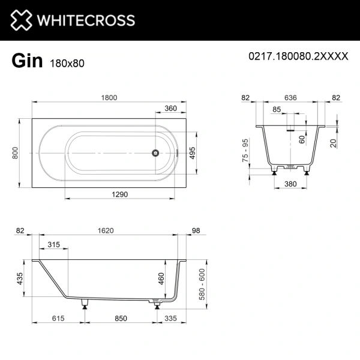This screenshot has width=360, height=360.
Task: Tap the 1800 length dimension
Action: pos(109,98)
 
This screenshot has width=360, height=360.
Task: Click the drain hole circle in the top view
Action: pos(155,153)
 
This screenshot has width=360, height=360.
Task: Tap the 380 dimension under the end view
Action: pos(292,184)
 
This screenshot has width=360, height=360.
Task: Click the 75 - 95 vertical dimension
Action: pos(244,154)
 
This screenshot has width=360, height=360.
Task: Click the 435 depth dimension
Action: pos(20,279)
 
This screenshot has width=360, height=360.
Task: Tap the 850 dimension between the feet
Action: pos(121,320)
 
